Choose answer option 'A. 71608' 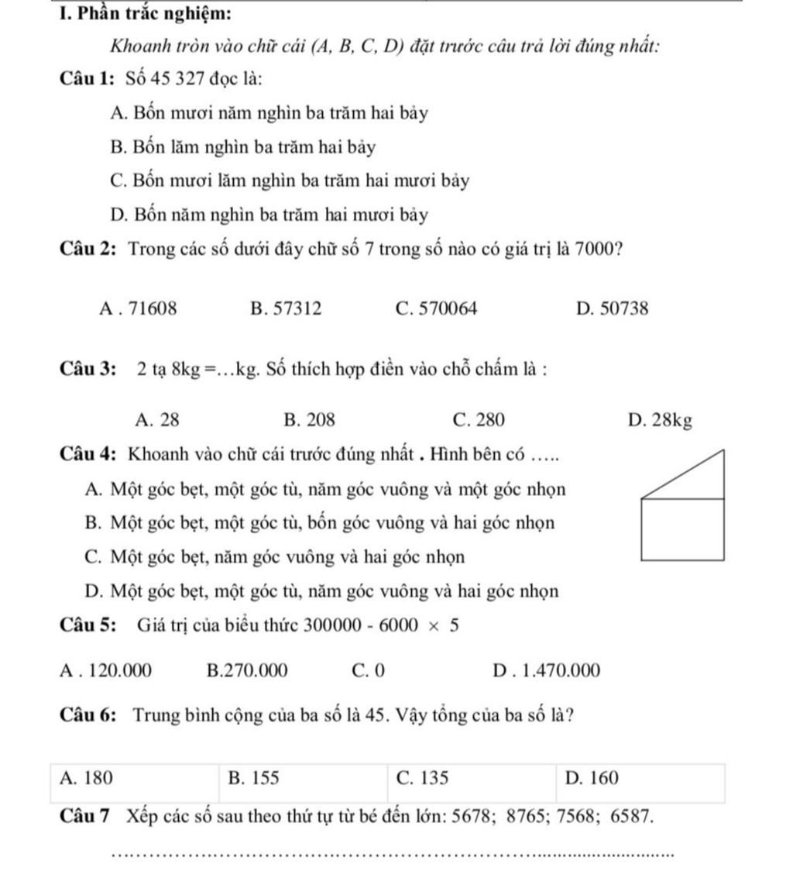[x=139, y=309]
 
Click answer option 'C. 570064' [x=436, y=309]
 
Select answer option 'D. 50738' [x=613, y=309]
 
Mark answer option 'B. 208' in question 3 [x=310, y=421]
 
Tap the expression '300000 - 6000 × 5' [x=382, y=625]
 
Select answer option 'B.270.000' [x=248, y=670]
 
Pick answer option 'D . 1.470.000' [x=546, y=670]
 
